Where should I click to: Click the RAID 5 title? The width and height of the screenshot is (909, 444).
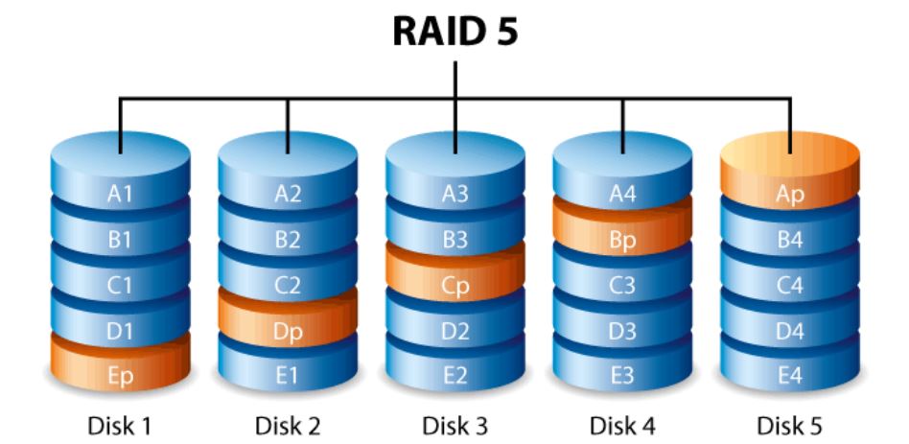(454, 32)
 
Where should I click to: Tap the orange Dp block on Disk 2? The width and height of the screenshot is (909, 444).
(288, 331)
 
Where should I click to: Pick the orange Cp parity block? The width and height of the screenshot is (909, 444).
(454, 286)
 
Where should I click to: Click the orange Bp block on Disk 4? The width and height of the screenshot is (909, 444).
(622, 240)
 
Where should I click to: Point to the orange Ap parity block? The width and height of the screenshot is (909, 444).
(789, 195)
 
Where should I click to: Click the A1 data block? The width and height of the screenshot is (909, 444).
(120, 195)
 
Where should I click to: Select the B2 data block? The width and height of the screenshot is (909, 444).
(288, 240)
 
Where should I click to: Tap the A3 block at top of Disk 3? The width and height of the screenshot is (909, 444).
(454, 195)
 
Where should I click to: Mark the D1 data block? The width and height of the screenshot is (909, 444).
(120, 331)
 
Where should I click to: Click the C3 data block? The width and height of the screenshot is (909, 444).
(622, 286)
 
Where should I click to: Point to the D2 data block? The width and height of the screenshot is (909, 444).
(454, 331)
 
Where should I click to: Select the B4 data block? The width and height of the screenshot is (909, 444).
(789, 240)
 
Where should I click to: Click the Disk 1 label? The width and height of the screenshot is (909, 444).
(120, 423)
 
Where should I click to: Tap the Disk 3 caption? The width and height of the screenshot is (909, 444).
(454, 423)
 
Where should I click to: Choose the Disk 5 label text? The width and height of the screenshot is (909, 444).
(789, 423)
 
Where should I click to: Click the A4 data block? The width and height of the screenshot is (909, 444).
(622, 195)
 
